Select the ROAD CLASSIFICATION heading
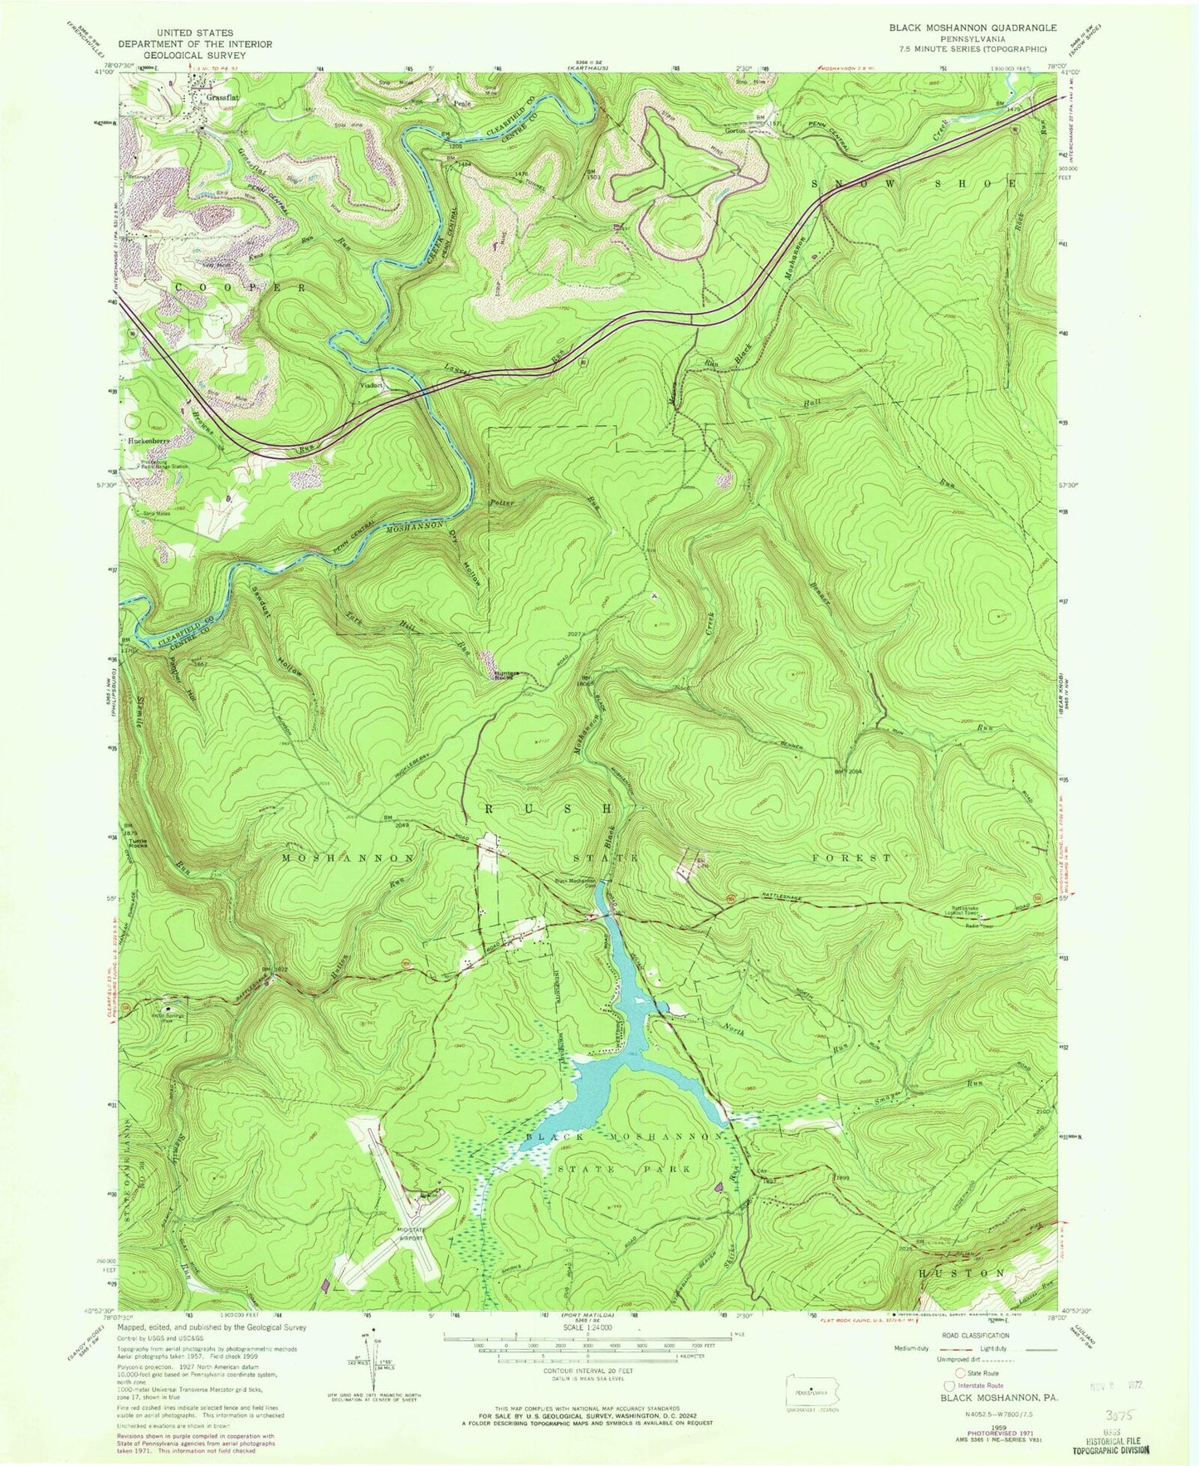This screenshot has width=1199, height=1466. [985, 1335]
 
